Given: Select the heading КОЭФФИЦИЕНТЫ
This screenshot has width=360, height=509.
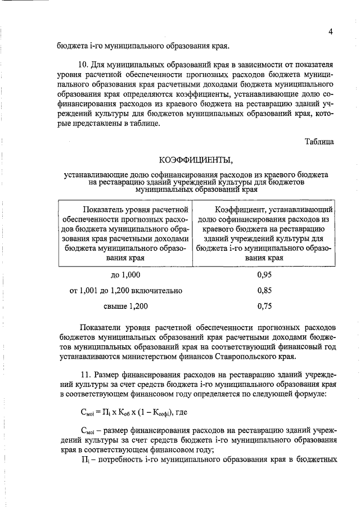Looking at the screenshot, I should tap(195, 159).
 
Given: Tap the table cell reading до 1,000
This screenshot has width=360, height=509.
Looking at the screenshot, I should tap(125, 275).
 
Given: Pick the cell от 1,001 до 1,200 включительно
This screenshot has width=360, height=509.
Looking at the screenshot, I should tap(125, 291).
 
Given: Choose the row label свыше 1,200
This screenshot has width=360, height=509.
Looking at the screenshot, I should tap(125, 307).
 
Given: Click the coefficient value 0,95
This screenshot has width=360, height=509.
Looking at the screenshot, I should tap(264, 275).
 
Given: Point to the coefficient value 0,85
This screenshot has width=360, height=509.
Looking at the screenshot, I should tap(264, 291).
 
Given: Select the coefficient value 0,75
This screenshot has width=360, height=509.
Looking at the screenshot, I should tap(264, 307).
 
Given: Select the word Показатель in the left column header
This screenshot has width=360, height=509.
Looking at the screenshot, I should tap(107, 210).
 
